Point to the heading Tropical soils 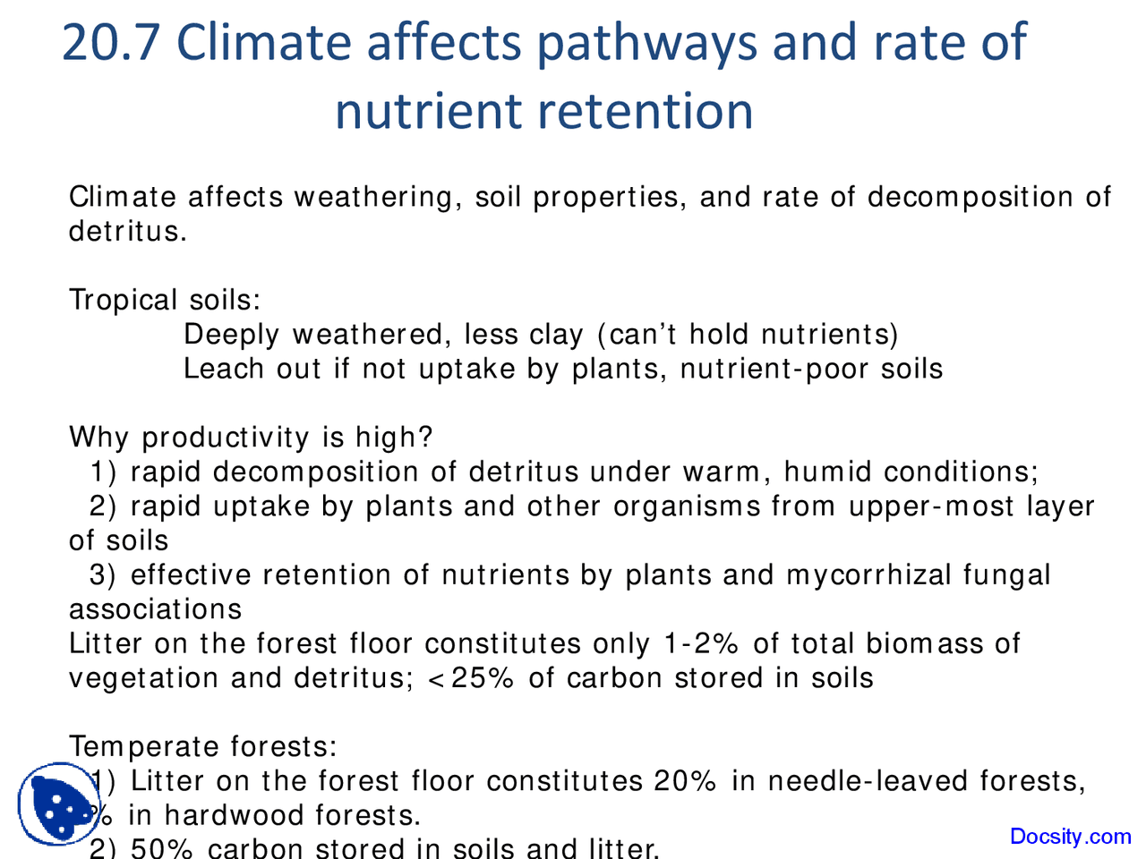[165, 300]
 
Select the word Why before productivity [98, 438]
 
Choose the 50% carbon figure [161, 847]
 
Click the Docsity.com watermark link [1070, 837]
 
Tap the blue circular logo [57, 804]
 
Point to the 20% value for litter [685, 781]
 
